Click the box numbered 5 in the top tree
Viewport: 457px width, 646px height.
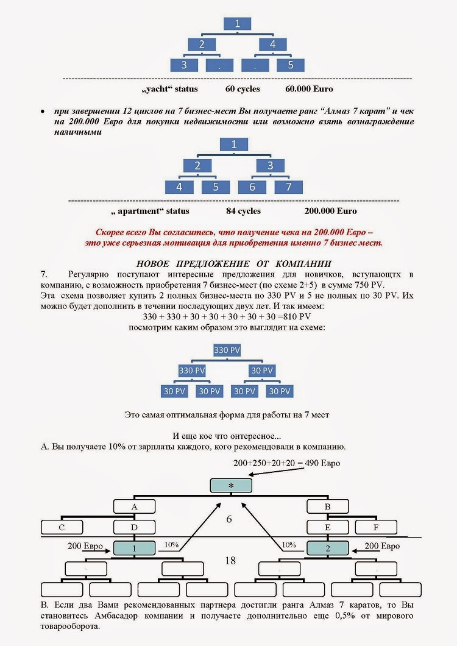pyautogui.click(x=291, y=65)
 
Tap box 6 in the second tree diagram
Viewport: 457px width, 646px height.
pyautogui.click(x=252, y=186)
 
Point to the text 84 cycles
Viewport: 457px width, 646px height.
pyautogui.click(x=243, y=211)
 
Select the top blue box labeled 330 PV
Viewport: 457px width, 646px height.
pyautogui.click(x=227, y=350)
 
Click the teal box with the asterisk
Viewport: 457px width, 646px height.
pyautogui.click(x=231, y=485)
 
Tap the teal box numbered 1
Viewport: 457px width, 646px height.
pyautogui.click(x=135, y=548)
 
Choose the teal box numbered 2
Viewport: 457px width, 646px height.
pyautogui.click(x=327, y=548)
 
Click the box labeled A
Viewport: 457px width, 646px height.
pyautogui.click(x=135, y=506)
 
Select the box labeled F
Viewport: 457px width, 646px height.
pyautogui.click(x=376, y=527)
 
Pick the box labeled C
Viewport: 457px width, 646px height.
pyautogui.click(x=62, y=527)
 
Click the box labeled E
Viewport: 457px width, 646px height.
pyautogui.click(x=327, y=527)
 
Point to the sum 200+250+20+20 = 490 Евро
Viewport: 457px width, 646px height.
pyautogui.click(x=286, y=463)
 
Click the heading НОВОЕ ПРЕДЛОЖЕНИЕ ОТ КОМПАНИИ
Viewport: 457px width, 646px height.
pyautogui.click(x=234, y=263)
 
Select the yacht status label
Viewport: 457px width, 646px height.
pyautogui.click(x=169, y=89)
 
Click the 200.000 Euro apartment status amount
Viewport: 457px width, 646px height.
pyautogui.click(x=330, y=211)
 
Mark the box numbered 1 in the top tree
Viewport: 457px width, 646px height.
pyautogui.click(x=238, y=24)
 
